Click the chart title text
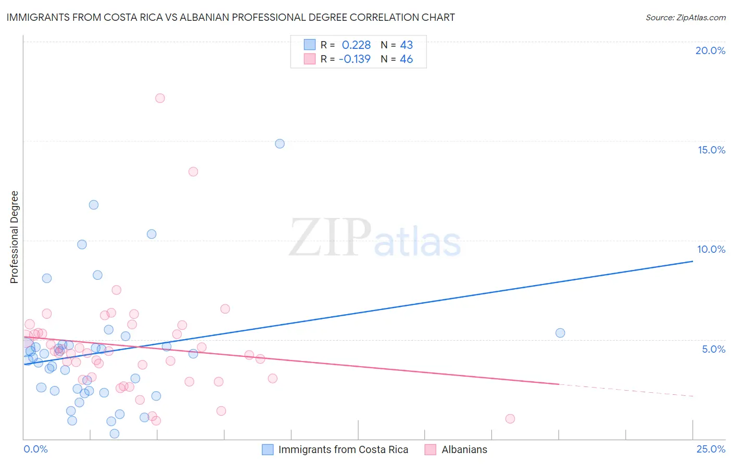tap(231, 17)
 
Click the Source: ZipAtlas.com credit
tap(685, 17)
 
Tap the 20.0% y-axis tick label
tap(710, 50)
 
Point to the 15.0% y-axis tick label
tap(711, 150)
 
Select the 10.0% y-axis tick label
tap(711, 249)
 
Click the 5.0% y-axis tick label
tap(713, 349)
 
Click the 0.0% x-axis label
tap(35, 449)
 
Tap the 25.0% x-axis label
tap(711, 449)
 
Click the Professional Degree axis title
tap(14, 237)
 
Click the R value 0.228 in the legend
tap(356, 45)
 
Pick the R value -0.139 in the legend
tap(355, 59)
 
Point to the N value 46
tap(406, 59)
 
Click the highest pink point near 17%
tap(160, 98)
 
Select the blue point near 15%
tap(280, 144)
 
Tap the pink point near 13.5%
tap(193, 172)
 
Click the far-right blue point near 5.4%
tap(560, 333)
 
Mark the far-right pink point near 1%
tap(510, 419)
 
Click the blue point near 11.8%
tap(94, 205)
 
